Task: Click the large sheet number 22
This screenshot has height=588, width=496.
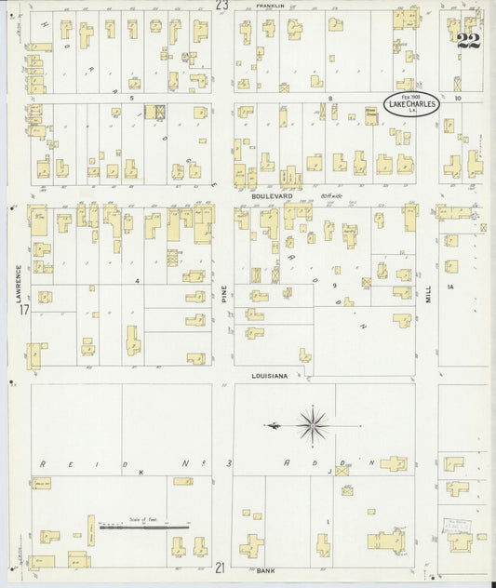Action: (x=467, y=39)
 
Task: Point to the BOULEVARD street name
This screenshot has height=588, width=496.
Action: (x=272, y=197)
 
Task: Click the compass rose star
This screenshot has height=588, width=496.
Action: (x=315, y=425)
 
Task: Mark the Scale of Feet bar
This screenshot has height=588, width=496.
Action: (x=144, y=528)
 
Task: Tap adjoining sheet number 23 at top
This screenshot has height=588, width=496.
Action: (x=221, y=6)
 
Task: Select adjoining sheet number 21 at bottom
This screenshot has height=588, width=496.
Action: (x=221, y=567)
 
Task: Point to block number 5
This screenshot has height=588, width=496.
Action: (x=133, y=98)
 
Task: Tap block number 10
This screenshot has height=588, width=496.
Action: (x=458, y=98)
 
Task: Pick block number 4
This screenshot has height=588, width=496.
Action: (x=136, y=279)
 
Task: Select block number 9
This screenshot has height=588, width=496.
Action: (x=333, y=287)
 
